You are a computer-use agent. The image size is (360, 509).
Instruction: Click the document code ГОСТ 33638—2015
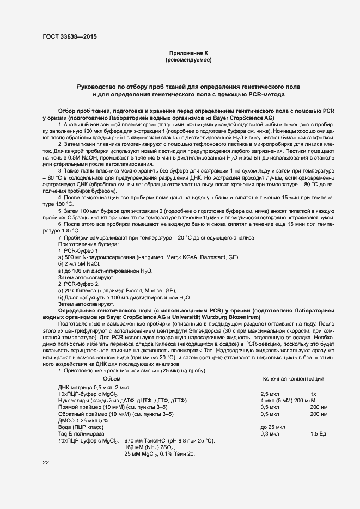tap(71, 38)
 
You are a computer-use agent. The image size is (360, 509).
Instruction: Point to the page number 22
tap(46, 462)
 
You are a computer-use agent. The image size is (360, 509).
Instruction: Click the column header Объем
tap(111, 378)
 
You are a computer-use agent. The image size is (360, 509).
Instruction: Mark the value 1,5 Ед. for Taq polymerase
tap(318, 433)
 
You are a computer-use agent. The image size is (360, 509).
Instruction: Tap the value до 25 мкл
tap(273, 427)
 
